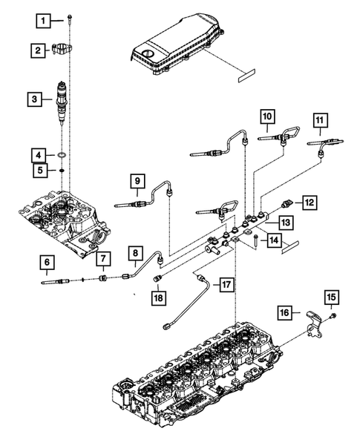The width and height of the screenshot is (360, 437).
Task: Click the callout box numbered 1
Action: [x=46, y=19]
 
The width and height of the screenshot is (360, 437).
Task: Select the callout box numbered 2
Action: [x=36, y=50]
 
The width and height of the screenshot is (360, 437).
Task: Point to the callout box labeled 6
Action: [x=36, y=155]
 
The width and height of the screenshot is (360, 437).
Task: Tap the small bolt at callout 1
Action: [x=69, y=17]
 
